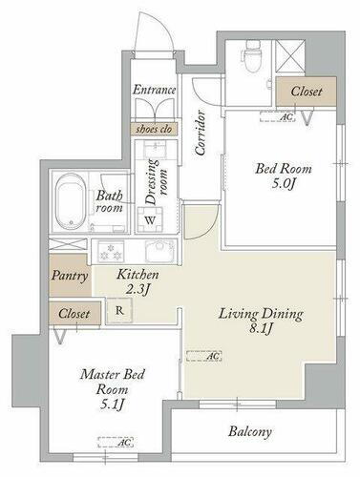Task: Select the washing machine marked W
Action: click(150, 219)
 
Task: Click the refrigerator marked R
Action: click(119, 310)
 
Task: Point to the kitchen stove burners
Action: click(111, 251)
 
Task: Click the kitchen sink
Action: click(160, 251)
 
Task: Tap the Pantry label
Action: click(70, 276)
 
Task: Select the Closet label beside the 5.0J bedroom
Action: click(307, 92)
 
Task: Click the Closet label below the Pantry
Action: click(74, 314)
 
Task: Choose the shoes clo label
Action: click(154, 129)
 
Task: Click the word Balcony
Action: click(250, 432)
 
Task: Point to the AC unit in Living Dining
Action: click(203, 356)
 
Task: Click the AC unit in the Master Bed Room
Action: click(116, 442)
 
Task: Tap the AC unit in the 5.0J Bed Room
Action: click(278, 116)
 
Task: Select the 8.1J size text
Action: click(261, 329)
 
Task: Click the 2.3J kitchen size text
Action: click(138, 289)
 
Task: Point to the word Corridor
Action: click(200, 133)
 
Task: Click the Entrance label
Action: click(154, 90)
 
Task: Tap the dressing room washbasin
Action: click(155, 149)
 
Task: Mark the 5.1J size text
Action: click(112, 404)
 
